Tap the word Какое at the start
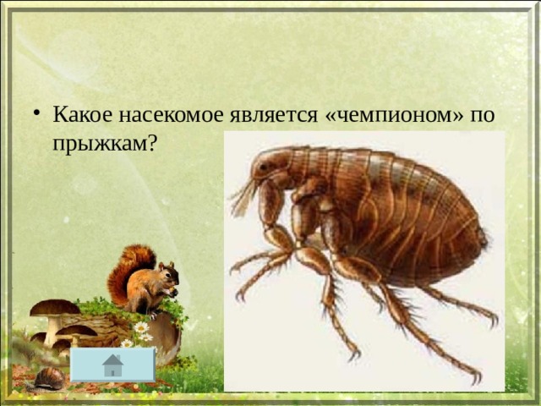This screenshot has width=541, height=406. click(83, 114)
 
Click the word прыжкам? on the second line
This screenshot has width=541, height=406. click(105, 143)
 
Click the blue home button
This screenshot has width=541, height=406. click(112, 365)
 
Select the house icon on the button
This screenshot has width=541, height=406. click(112, 365)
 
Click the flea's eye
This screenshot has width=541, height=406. click(263, 167)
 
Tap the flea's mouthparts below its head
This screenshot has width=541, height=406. click(244, 197)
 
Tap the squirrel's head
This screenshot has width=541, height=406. click(169, 273)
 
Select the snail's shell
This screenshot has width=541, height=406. click(50, 378)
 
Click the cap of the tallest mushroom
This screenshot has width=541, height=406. click(55, 307)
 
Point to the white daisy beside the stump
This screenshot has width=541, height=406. click(141, 327)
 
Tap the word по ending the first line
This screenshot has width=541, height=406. click(483, 115)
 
